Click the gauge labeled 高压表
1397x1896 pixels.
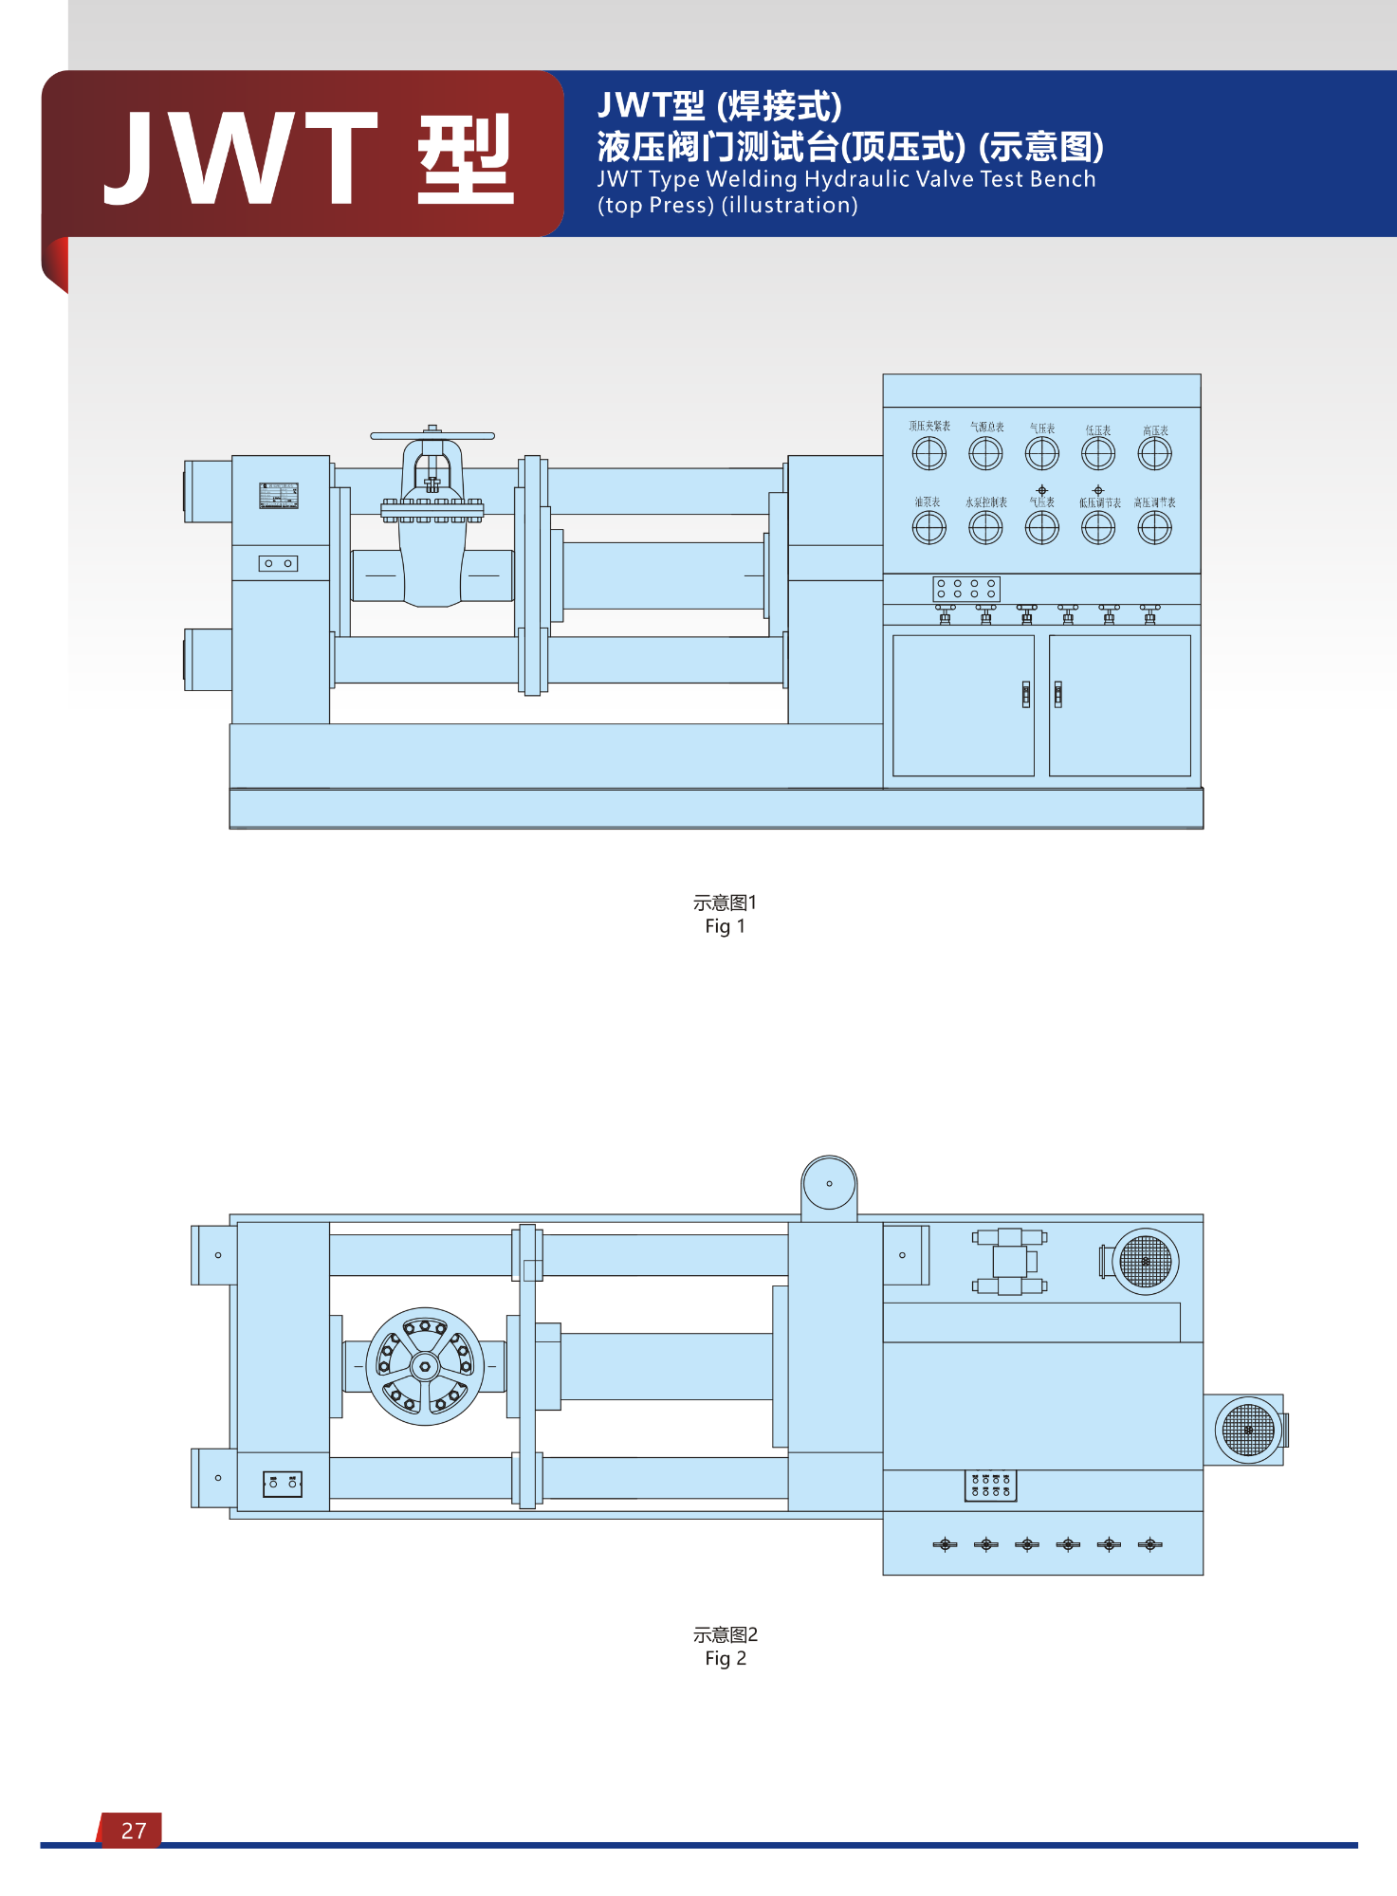pyautogui.click(x=1154, y=454)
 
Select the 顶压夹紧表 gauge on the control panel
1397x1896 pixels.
pyautogui.click(x=929, y=454)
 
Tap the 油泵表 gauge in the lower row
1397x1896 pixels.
pyautogui.click(x=929, y=528)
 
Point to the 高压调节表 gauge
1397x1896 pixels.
pyautogui.click(x=1154, y=528)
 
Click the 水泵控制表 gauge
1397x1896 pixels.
pyautogui.click(x=985, y=528)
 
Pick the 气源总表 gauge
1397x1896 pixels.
pyautogui.click(x=985, y=454)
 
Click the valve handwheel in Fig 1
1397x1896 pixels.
pyautogui.click(x=432, y=436)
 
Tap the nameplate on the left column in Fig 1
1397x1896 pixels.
pyautogui.click(x=279, y=496)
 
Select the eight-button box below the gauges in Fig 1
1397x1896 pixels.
pyautogui.click(x=966, y=589)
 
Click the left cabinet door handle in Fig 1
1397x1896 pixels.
pyautogui.click(x=1025, y=694)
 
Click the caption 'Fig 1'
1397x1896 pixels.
pyautogui.click(x=725, y=926)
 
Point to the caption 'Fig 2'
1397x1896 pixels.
pyautogui.click(x=725, y=1658)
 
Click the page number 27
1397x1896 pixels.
pyautogui.click(x=134, y=1831)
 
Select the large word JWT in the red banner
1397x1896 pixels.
pyautogui.click(x=242, y=157)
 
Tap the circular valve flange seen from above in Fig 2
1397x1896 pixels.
pyautogui.click(x=425, y=1366)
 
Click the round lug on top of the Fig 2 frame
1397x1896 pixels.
pyautogui.click(x=829, y=1183)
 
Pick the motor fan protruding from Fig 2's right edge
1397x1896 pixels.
pyautogui.click(x=1248, y=1430)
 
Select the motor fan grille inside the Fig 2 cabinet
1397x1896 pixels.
pyautogui.click(x=1146, y=1262)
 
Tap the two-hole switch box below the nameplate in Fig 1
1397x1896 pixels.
pyautogui.click(x=278, y=563)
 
